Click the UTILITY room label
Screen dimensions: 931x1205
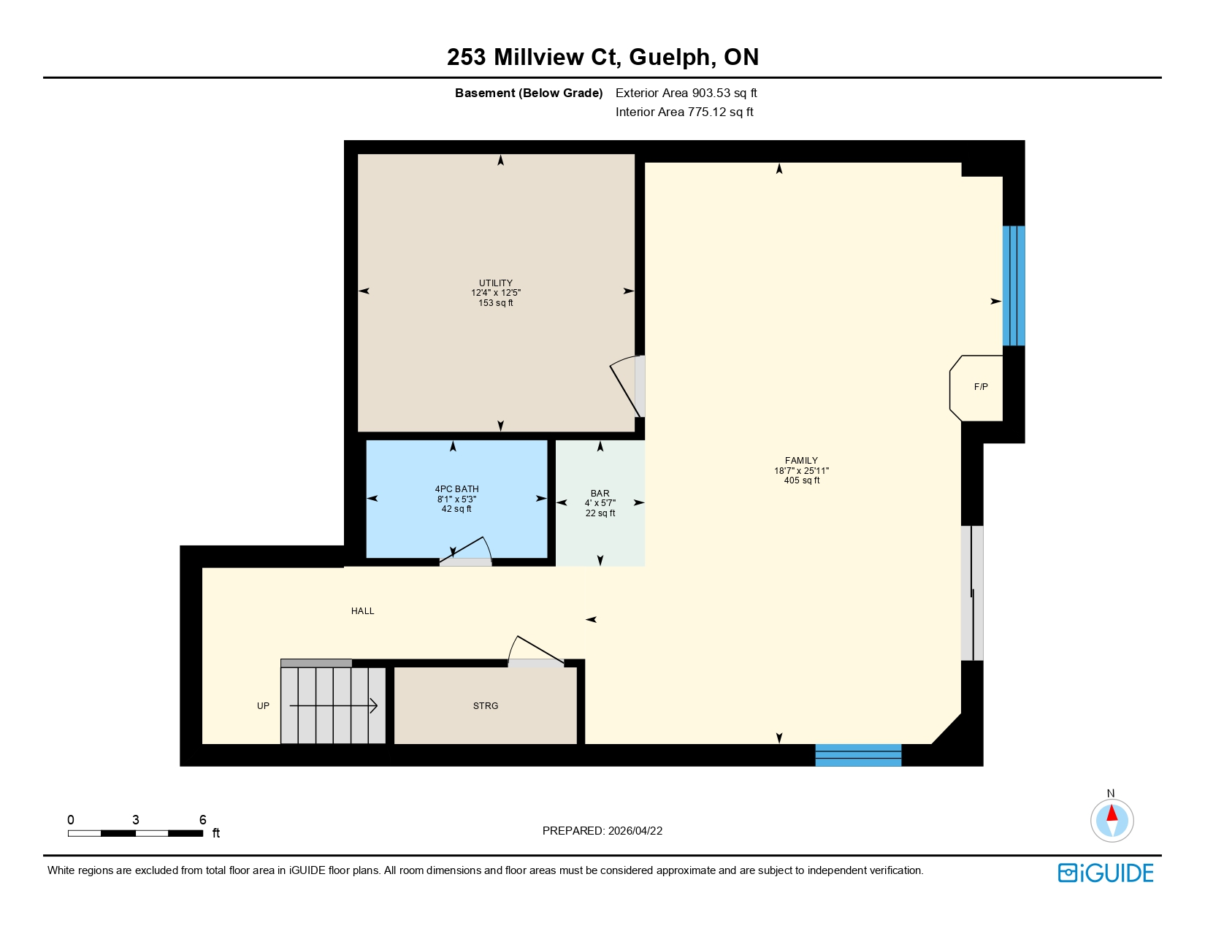coord(495,283)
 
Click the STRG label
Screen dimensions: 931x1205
coord(486,706)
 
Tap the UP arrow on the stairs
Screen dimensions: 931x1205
coord(334,706)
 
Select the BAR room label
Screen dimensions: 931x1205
coord(600,494)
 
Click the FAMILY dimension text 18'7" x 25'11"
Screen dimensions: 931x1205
coord(801,471)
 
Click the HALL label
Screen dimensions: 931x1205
coord(362,611)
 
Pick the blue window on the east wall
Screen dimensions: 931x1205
coord(1013,286)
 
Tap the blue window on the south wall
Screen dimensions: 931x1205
coord(858,755)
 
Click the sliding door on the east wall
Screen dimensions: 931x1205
coord(972,593)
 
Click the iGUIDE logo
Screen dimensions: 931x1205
coord(1106,873)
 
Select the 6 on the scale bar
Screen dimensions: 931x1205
coord(203,820)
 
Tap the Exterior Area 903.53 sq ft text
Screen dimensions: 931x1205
coord(686,93)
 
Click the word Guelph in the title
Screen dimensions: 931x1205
coord(670,57)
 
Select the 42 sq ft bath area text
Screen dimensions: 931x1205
coord(456,509)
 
